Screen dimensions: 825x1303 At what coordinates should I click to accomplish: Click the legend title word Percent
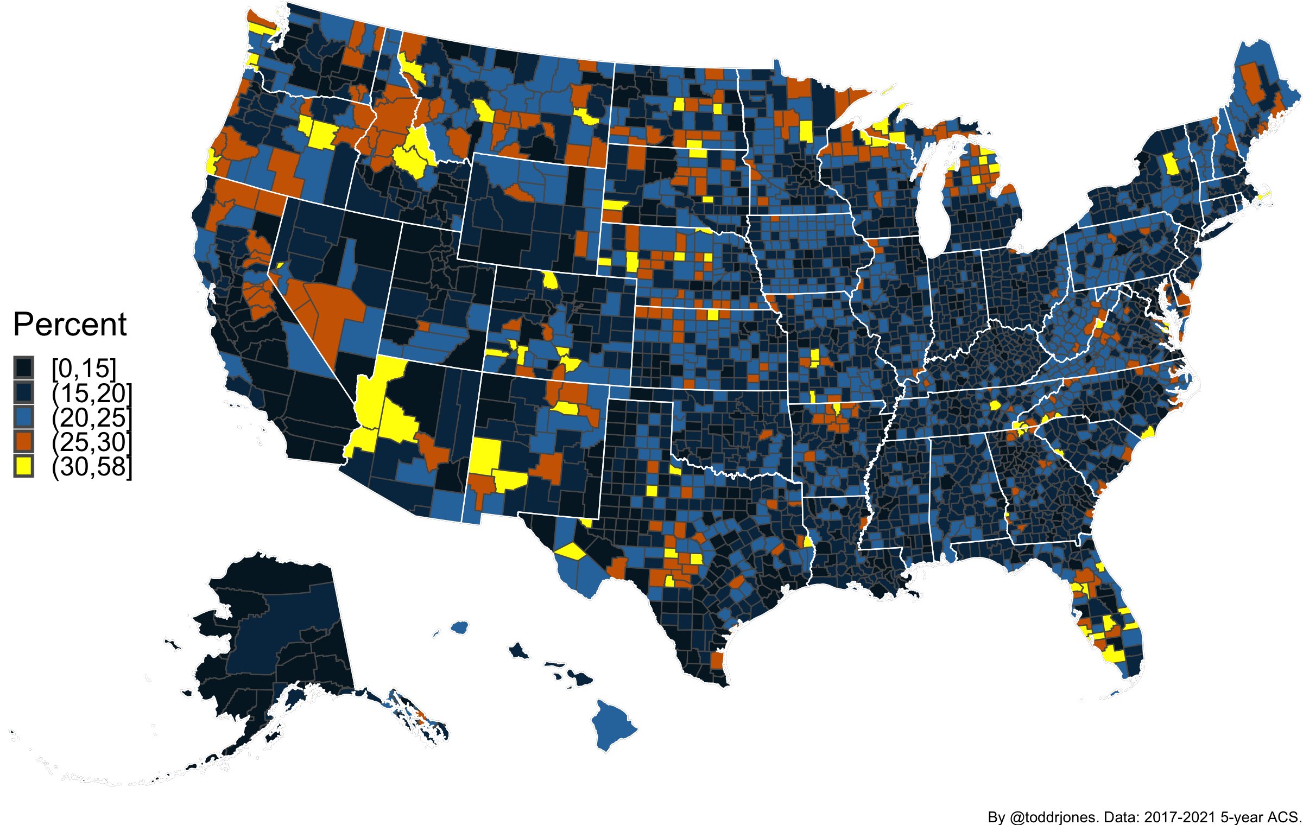(x=69, y=325)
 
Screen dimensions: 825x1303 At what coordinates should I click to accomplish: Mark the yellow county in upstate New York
(x=1172, y=163)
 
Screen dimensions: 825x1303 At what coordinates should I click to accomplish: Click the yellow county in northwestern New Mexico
(x=484, y=455)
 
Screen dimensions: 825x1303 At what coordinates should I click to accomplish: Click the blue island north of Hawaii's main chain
(x=459, y=627)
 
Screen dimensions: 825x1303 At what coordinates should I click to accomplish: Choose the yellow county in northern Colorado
(x=550, y=281)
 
